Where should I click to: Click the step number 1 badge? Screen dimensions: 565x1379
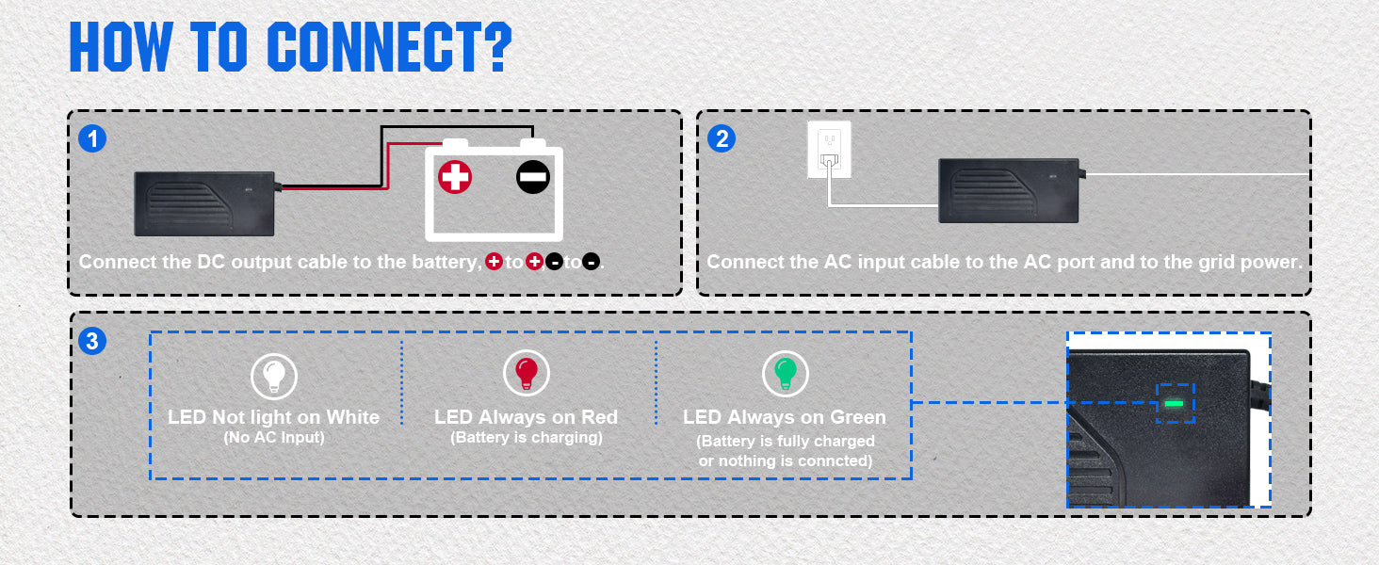point(92,138)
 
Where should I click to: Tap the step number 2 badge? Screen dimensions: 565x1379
point(722,138)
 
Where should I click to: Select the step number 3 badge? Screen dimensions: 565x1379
point(92,341)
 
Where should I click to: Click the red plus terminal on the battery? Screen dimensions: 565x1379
point(455,177)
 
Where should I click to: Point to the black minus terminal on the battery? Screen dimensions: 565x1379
point(532,177)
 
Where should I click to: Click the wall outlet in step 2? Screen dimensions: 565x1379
point(829,150)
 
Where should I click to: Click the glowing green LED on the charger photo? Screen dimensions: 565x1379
point(1174,403)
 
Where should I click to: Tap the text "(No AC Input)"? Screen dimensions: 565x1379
point(273,438)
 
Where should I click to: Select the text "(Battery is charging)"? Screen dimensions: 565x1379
point(526,438)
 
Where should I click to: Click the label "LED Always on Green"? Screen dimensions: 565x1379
point(785,417)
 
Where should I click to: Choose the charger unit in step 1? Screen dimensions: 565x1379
point(204,202)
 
